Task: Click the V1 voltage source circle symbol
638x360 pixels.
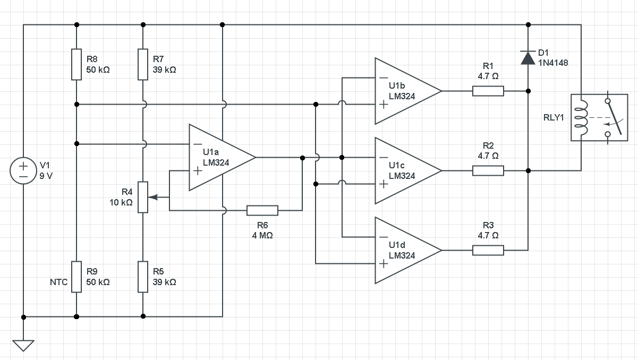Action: coord(23,171)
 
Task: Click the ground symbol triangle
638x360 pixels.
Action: coord(23,345)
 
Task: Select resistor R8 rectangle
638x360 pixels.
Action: coord(76,64)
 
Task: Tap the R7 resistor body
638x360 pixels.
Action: coord(143,64)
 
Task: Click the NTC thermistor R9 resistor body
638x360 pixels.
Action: coord(76,277)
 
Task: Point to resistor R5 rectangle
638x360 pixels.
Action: coord(143,277)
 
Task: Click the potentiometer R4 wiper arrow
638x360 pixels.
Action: coord(154,197)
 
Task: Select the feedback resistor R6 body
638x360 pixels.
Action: coord(262,211)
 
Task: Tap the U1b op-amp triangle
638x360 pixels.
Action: coord(404,91)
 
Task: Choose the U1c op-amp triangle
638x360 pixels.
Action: coord(404,171)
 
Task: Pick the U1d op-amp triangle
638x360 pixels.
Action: coord(404,250)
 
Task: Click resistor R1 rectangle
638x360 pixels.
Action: coord(488,91)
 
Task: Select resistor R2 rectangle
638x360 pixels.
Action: coord(488,171)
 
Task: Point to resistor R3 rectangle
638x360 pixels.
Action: coord(488,250)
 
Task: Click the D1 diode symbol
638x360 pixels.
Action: coord(528,57)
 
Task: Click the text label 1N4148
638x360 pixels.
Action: coord(553,63)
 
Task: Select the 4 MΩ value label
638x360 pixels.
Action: coord(262,235)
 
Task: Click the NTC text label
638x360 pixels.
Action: coord(58,282)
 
